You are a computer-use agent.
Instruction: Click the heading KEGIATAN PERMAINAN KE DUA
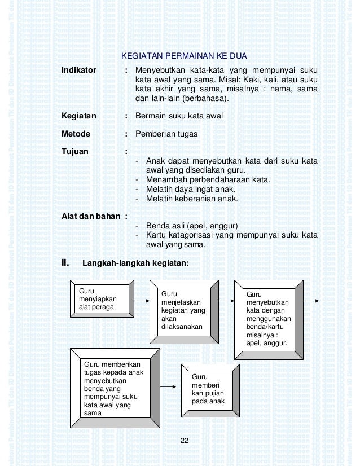185,56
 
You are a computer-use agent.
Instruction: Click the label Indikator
80,71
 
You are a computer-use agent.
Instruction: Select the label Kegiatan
78,116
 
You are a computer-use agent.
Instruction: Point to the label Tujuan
76,152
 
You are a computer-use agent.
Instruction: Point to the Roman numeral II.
65,262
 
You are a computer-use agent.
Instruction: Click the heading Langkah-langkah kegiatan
135,262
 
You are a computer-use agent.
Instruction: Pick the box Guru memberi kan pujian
208,390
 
